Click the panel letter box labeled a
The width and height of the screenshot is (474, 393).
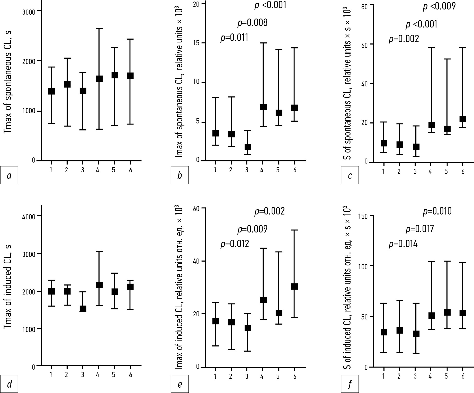click(x=9, y=175)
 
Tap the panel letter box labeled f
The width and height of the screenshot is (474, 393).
click(x=350, y=384)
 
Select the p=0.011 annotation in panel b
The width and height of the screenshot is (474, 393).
click(x=234, y=38)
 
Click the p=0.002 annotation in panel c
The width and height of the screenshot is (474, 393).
click(x=404, y=39)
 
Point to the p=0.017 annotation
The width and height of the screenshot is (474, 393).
click(x=420, y=229)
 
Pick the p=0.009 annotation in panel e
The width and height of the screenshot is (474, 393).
click(x=252, y=229)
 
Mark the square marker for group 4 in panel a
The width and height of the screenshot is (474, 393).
click(x=99, y=78)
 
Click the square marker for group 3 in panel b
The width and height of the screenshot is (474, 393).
click(x=248, y=147)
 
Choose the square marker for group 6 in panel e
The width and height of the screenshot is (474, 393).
click(x=294, y=286)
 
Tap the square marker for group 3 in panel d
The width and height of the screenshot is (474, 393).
click(x=83, y=308)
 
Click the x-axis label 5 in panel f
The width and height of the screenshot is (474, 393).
click(x=446, y=376)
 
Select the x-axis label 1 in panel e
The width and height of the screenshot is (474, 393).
click(x=215, y=376)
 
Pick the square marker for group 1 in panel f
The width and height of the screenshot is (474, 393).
click(x=384, y=332)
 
